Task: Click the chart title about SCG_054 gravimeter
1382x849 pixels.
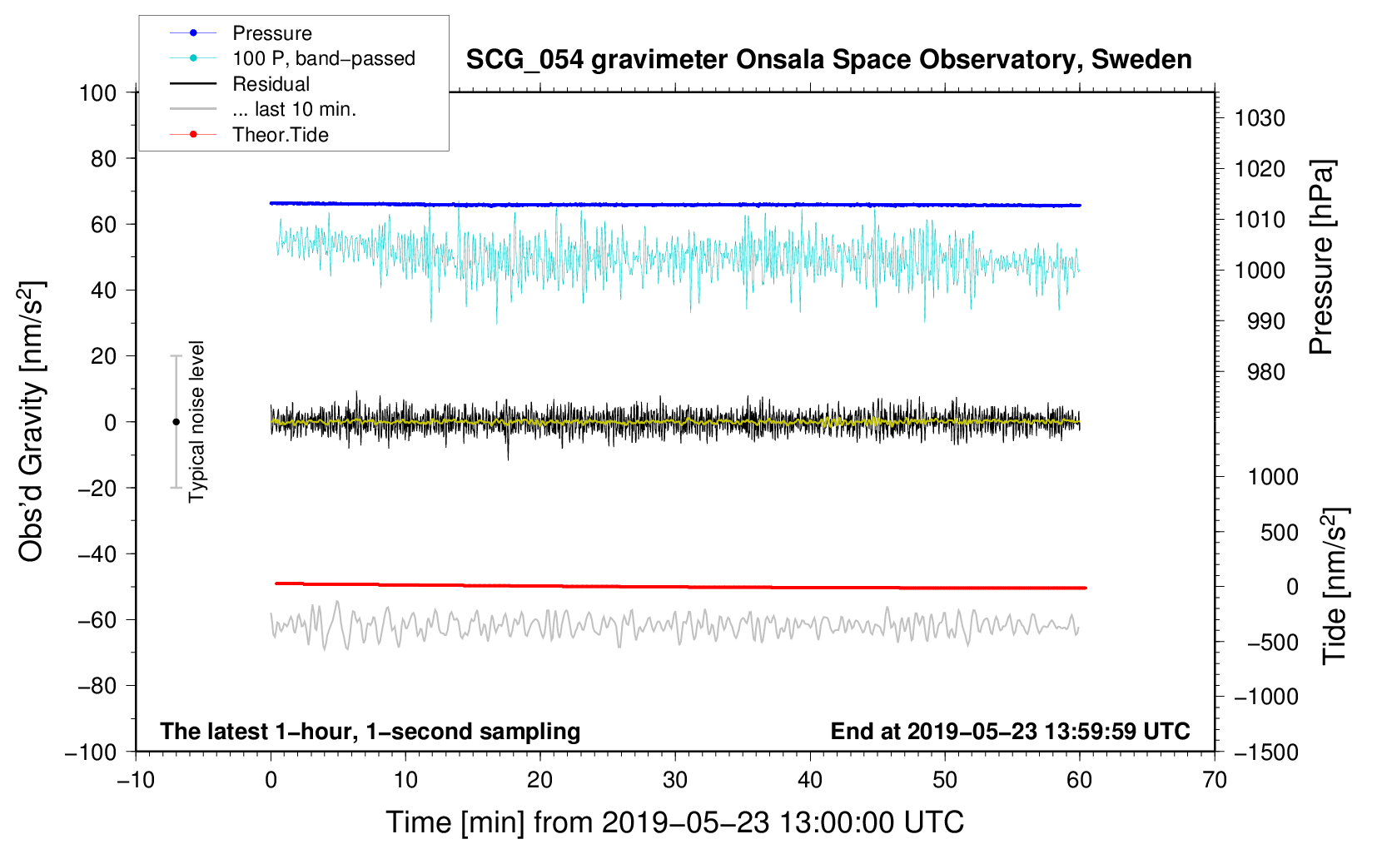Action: point(828,60)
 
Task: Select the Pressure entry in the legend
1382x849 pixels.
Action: point(271,33)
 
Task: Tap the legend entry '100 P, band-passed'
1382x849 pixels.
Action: point(323,58)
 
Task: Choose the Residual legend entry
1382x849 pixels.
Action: point(271,84)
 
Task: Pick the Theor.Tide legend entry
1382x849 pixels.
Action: point(280,135)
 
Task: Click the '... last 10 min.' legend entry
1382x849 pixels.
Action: point(294,109)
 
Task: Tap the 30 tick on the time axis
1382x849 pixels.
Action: point(675,780)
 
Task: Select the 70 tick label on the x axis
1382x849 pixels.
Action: point(1215,780)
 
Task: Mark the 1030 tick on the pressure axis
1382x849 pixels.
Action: point(1260,118)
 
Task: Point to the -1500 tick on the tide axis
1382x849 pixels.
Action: point(1266,752)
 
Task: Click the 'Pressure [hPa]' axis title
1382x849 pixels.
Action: point(1321,257)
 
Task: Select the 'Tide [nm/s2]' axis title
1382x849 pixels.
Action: point(1335,585)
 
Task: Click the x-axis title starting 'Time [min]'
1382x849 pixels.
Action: point(674,822)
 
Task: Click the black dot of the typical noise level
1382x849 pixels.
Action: point(176,422)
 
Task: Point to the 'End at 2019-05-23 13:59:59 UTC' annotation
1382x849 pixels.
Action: point(1010,732)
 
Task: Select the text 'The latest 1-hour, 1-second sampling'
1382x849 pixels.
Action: point(370,732)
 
